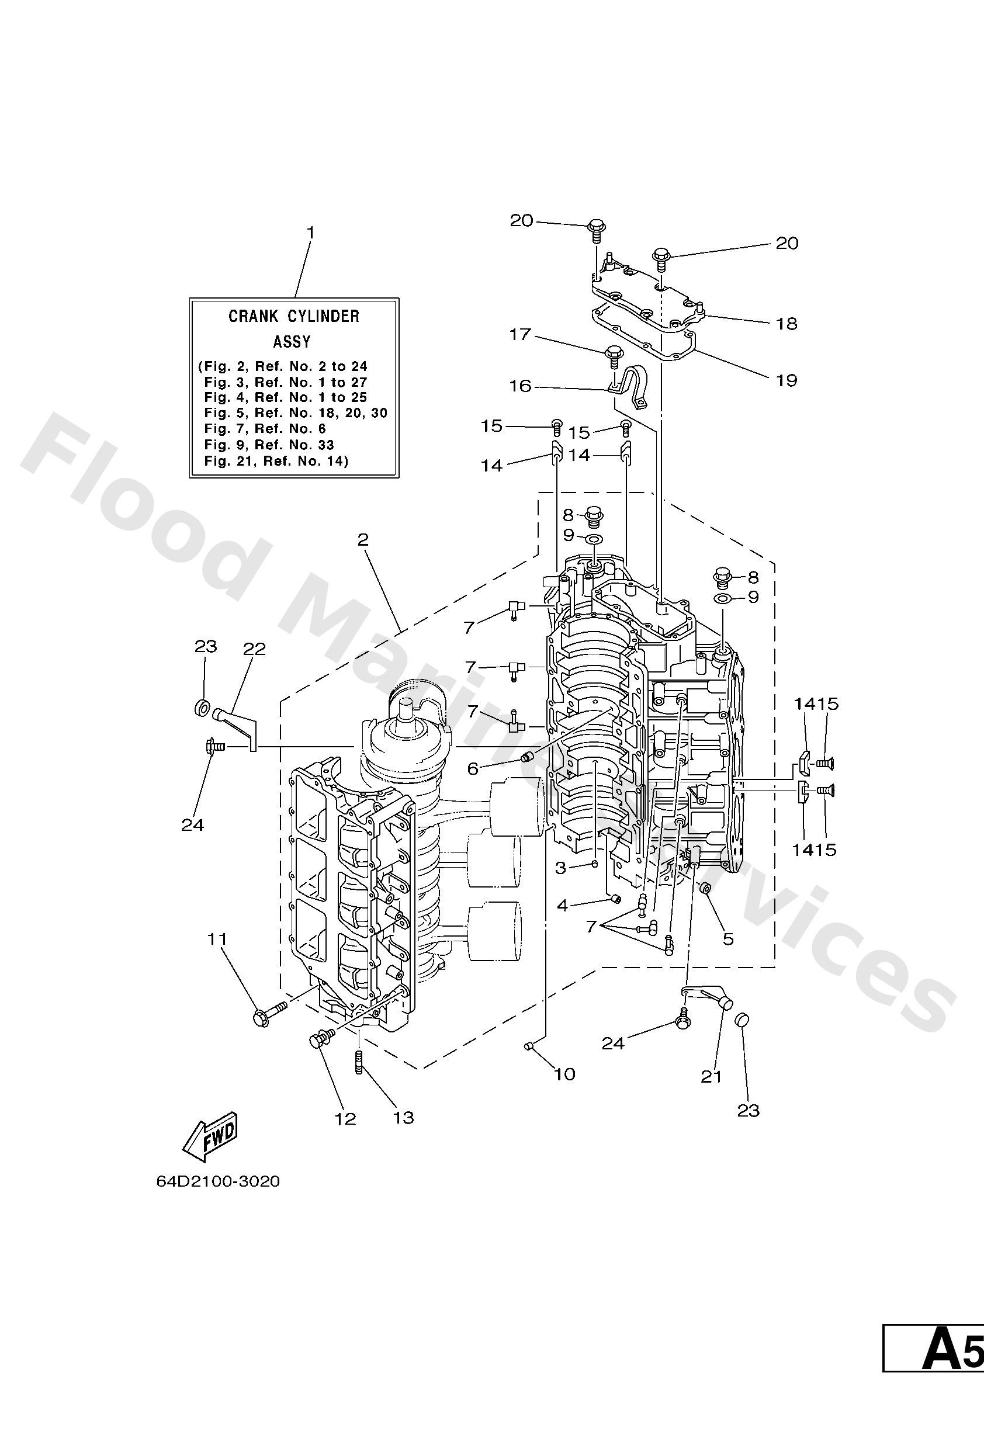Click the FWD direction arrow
tap(210, 1139)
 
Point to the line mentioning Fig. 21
tap(276, 462)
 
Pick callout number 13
tap(403, 1117)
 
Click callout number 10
tap(564, 1074)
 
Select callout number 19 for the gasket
tap(786, 380)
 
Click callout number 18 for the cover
tap(786, 324)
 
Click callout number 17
tap(519, 335)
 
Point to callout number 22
tap(254, 649)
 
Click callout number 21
tap(711, 1076)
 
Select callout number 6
tap(473, 769)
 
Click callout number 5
tap(727, 939)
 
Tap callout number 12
tap(345, 1118)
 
